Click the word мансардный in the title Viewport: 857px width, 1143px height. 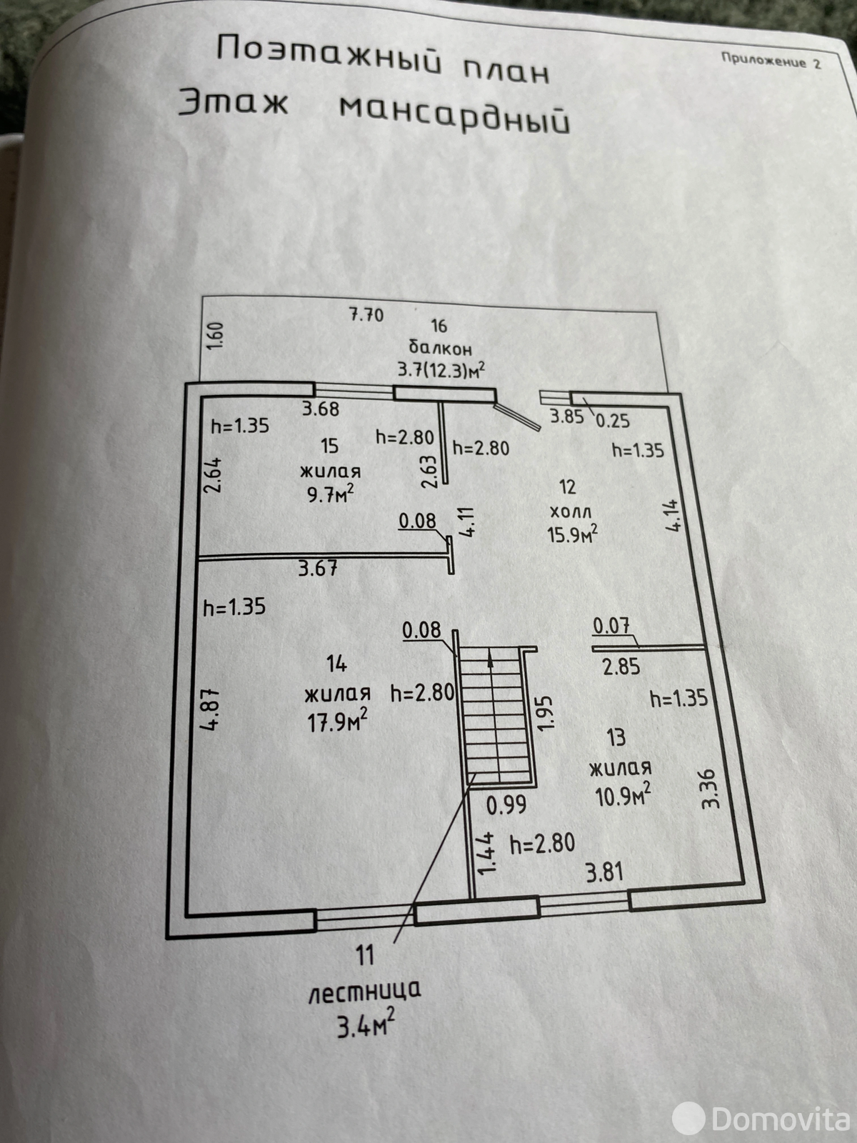point(454,114)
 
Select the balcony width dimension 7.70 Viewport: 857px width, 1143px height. point(366,314)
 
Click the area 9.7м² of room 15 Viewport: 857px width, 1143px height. point(331,494)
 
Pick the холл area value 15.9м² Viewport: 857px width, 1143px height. point(572,534)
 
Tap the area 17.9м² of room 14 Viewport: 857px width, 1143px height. point(337,719)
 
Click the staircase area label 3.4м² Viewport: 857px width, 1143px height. point(365,1029)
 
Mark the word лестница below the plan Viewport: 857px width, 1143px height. point(364,992)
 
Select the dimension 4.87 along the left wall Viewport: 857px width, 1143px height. point(214,708)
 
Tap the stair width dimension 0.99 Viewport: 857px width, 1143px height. point(506,804)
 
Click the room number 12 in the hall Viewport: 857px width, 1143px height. point(568,486)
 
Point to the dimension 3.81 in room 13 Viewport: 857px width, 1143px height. point(604,872)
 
